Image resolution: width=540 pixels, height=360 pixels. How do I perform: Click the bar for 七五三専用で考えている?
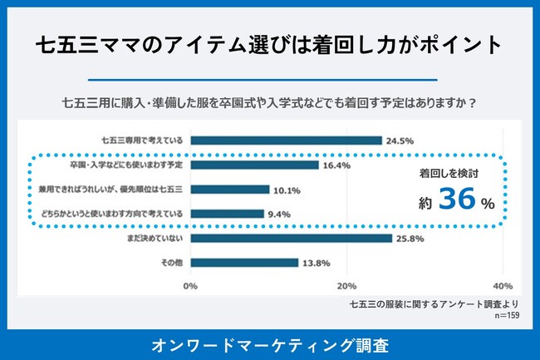coord(286,141)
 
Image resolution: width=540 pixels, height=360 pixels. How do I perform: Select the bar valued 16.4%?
coord(254,165)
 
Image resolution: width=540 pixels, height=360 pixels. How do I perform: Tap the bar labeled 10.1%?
coord(230,190)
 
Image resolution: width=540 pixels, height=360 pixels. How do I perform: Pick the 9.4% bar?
coord(227,214)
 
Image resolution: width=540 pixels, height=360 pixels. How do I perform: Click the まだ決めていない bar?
coord(291,239)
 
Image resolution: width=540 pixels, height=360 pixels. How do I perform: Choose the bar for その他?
coord(244,263)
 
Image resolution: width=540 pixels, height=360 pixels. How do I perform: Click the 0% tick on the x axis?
coord(190,286)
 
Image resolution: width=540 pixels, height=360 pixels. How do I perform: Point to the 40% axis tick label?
coord(502,286)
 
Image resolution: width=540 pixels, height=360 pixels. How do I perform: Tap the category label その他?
coord(171,263)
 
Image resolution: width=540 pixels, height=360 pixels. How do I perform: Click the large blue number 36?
coord(456,200)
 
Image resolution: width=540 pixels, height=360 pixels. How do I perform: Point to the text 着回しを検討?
coord(449,175)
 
